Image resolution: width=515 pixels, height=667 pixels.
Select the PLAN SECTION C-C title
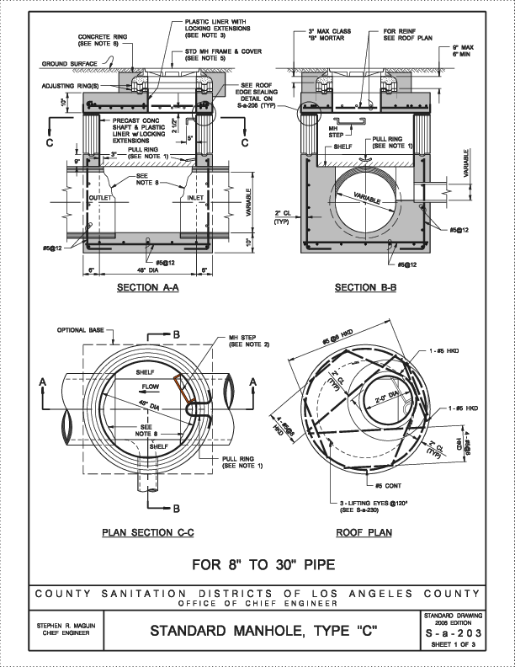pyautogui.click(x=148, y=532)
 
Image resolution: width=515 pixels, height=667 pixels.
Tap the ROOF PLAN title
pyautogui.click(x=364, y=532)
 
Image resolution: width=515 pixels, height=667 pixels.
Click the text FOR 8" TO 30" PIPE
pyautogui.click(x=257, y=563)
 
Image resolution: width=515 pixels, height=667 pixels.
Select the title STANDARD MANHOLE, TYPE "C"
pyautogui.click(x=257, y=631)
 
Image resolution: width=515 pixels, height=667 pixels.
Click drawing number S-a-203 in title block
pyautogui.click(x=453, y=632)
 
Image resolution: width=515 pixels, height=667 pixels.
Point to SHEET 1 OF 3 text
pyautogui.click(x=453, y=646)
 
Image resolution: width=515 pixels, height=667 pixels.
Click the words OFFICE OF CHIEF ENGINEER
pyautogui.click(x=257, y=604)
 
